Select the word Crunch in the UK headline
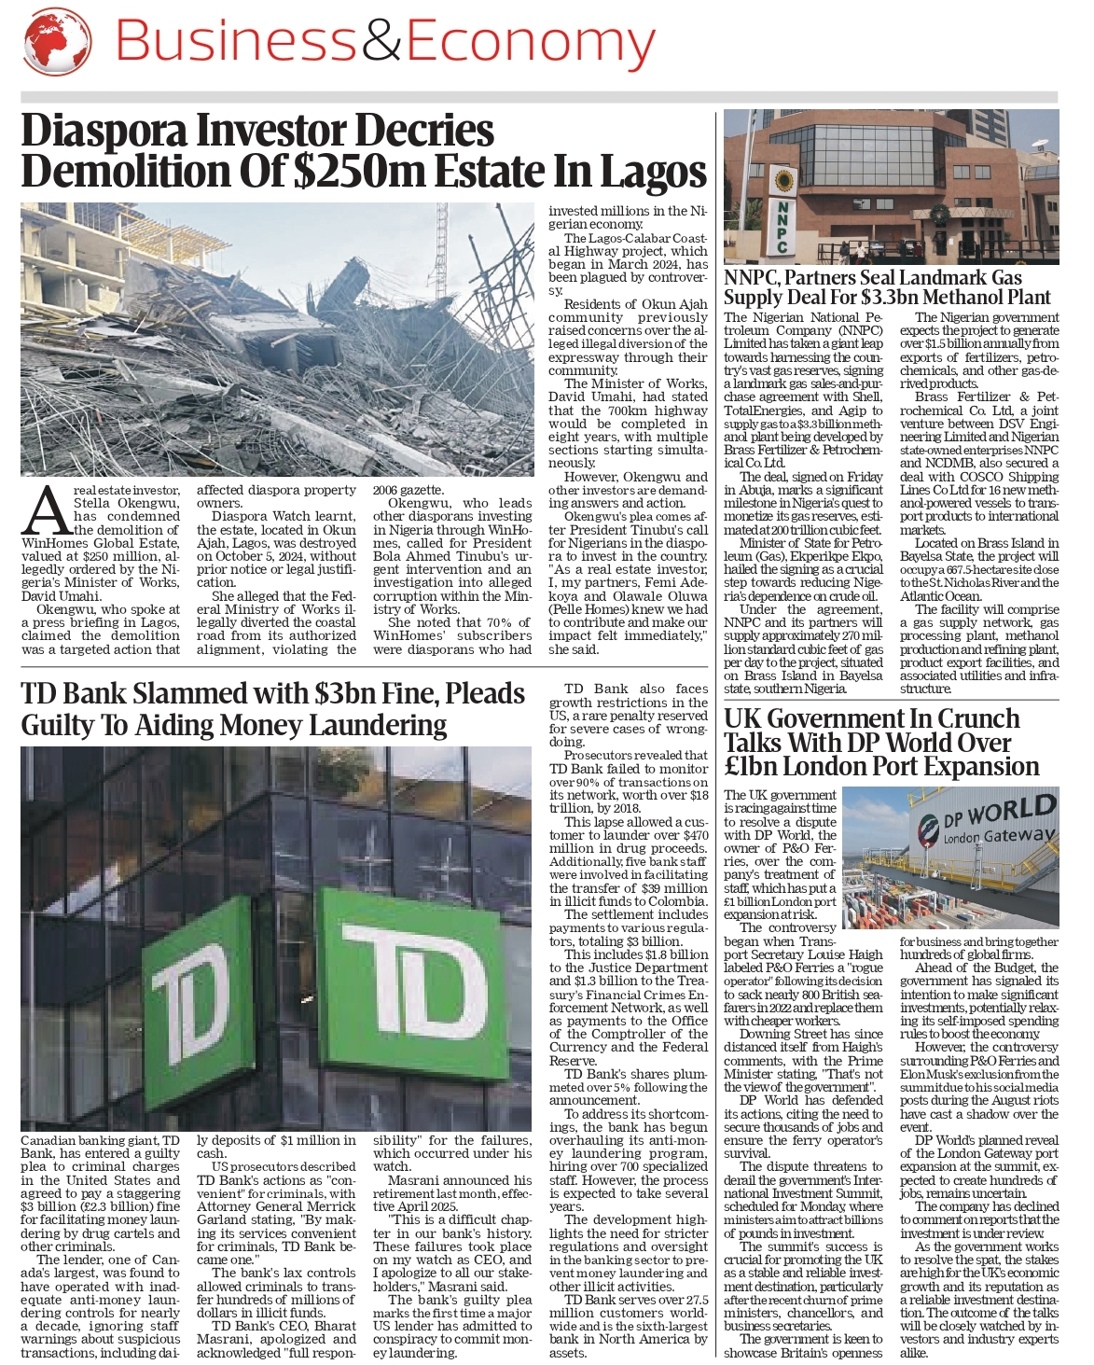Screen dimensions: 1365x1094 coord(978,718)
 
